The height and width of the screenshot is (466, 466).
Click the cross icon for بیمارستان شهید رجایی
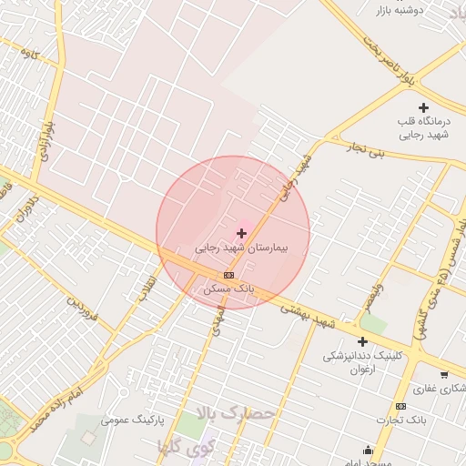[x=241, y=234]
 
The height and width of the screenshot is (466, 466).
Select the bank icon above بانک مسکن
[x=228, y=275]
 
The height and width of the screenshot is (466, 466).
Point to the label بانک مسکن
[x=228, y=288]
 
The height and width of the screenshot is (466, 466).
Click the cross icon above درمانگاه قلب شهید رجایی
[x=423, y=108]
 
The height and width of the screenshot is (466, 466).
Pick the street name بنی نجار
[x=390, y=151]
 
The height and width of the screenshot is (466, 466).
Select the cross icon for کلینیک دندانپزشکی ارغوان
[x=362, y=341]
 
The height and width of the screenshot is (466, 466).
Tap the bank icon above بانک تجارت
[x=400, y=406]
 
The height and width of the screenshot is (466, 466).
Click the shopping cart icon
[x=444, y=374]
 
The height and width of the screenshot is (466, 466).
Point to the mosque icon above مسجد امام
[x=369, y=450]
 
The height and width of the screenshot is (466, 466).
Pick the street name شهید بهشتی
[x=309, y=318]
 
